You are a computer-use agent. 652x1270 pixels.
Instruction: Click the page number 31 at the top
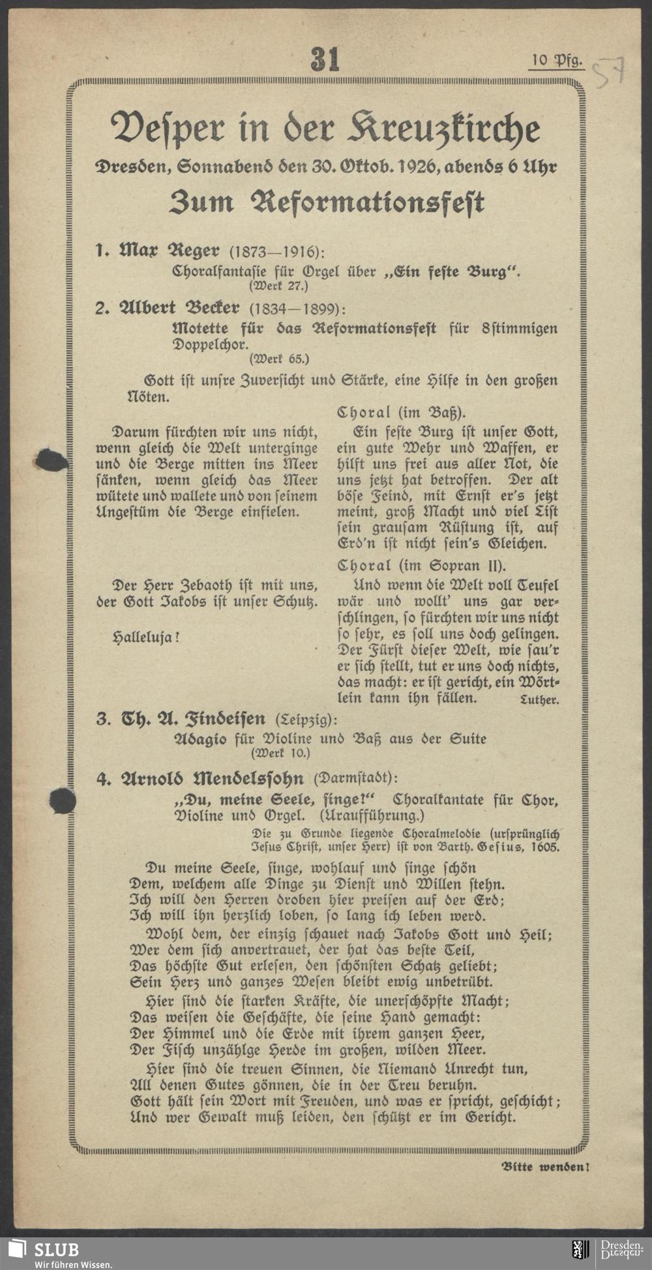click(x=325, y=59)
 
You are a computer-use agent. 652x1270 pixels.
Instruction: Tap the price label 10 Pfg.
click(x=556, y=61)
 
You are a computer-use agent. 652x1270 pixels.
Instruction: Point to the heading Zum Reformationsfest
click(x=326, y=203)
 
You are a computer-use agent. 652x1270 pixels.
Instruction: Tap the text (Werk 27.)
click(x=278, y=285)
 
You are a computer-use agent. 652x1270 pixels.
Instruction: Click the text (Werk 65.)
click(x=278, y=358)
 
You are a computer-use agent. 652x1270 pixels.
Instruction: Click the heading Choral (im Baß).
click(x=401, y=413)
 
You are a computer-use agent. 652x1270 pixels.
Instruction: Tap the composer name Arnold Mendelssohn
click(x=209, y=779)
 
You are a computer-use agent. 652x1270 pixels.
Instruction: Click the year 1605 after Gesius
click(x=544, y=848)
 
